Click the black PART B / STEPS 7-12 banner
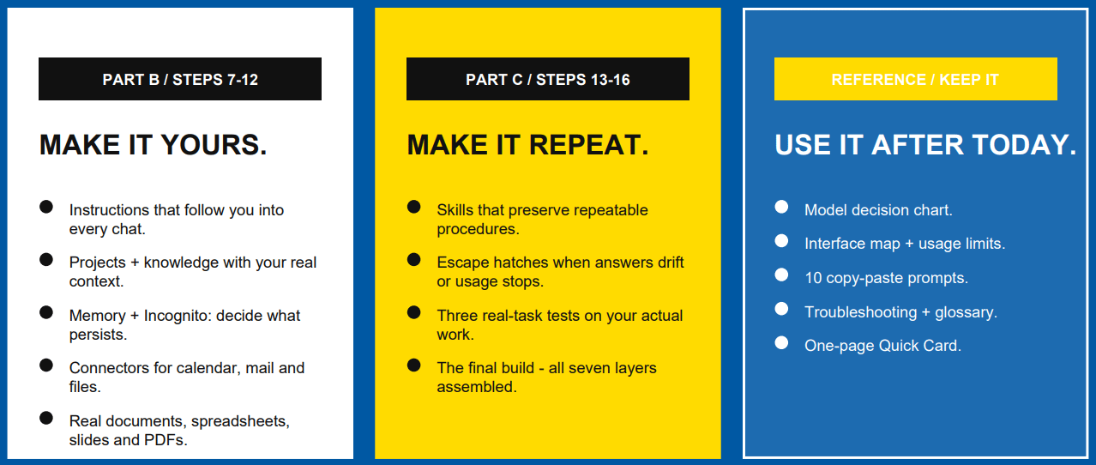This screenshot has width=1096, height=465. click(180, 79)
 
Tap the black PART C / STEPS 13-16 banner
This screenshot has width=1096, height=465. click(547, 79)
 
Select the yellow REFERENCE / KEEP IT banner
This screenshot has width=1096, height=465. click(915, 79)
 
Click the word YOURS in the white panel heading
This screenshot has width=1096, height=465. click(214, 145)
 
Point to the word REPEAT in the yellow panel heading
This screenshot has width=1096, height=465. click(588, 145)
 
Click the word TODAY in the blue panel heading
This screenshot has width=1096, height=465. click(1024, 145)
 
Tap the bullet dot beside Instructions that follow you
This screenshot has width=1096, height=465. click(46, 207)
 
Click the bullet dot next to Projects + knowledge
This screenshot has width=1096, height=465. click(46, 259)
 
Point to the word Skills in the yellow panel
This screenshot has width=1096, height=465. click(455, 210)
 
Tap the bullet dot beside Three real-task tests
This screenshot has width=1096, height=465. click(414, 312)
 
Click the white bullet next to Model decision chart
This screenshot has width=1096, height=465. click(781, 207)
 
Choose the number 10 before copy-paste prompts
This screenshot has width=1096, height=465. click(813, 278)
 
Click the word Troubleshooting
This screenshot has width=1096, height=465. click(861, 312)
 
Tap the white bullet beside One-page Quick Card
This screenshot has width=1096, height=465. click(781, 342)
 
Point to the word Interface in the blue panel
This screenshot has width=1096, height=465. click(834, 244)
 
